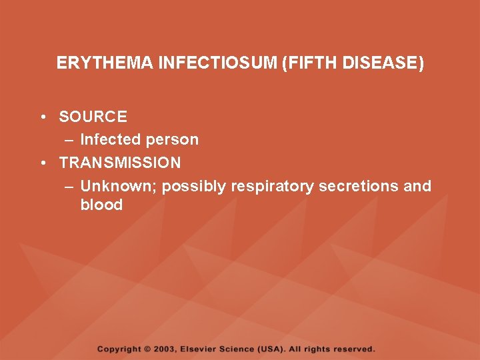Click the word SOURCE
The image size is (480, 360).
click(x=93, y=117)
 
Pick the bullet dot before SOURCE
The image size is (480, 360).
click(x=42, y=117)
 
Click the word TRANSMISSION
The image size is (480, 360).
click(x=120, y=163)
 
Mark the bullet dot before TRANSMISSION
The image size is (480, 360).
click(x=42, y=163)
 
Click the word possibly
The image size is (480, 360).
click(x=194, y=186)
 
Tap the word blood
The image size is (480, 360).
click(x=101, y=205)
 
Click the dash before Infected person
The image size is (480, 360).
click(x=69, y=140)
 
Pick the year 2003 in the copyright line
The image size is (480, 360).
click(x=165, y=349)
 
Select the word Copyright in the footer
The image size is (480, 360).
click(x=119, y=349)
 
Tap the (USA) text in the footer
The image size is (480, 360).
click(x=273, y=349)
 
